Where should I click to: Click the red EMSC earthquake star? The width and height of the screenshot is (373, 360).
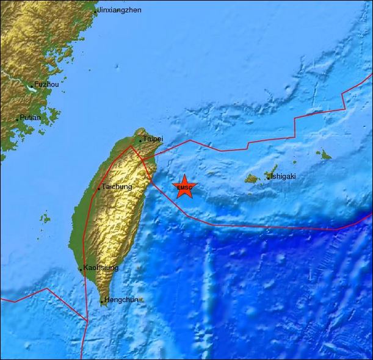point(184,187)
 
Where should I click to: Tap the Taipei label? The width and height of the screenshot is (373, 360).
point(153,139)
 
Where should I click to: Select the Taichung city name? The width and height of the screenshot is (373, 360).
point(117,187)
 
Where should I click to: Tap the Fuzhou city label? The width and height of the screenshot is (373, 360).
point(46,85)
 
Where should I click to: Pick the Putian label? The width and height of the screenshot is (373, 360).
point(30,118)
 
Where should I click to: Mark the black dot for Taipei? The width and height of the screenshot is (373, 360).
point(140,141)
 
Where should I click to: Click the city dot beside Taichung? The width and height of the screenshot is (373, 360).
point(99,189)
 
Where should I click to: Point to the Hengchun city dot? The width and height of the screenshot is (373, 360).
point(102,301)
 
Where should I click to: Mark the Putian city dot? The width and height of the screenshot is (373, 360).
point(17,119)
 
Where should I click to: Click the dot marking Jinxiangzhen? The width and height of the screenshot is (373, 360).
point(96,12)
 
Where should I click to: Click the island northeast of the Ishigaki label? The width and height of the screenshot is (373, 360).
point(323,155)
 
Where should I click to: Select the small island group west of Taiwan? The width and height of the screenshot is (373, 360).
point(45,218)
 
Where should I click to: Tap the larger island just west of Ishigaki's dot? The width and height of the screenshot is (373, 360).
point(252,179)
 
